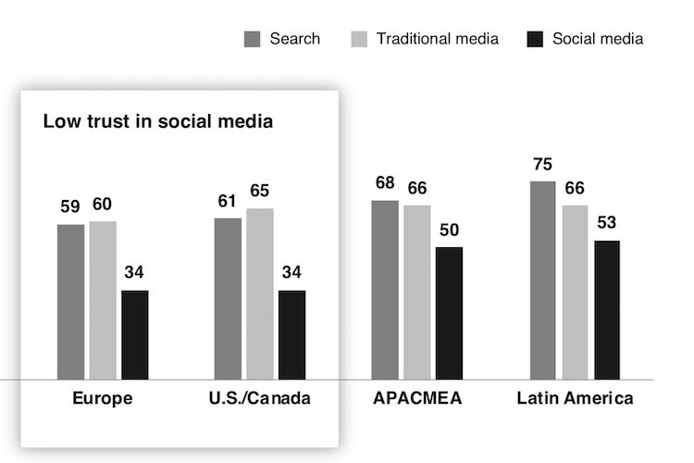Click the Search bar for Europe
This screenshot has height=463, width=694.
[x=70, y=302]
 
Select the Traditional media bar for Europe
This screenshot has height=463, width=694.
[x=103, y=300]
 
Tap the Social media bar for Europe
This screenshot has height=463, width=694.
[x=135, y=334]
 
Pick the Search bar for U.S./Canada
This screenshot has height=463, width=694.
[x=228, y=298]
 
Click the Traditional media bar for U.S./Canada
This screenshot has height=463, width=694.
[x=260, y=294]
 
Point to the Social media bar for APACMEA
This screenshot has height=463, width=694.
[x=449, y=313]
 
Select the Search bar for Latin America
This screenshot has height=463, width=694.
[x=543, y=281]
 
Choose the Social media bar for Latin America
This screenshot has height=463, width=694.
[x=607, y=309]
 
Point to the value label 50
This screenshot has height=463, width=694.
[x=450, y=231]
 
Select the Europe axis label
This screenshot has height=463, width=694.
[x=103, y=399]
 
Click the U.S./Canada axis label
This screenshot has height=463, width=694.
[x=260, y=399]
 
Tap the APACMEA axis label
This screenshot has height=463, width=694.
[x=417, y=399]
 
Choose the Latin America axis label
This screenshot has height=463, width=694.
[x=575, y=399]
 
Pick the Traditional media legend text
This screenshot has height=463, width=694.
[x=438, y=39]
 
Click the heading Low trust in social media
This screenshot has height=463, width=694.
[x=158, y=121]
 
